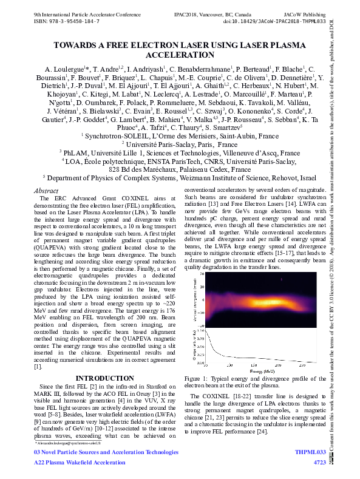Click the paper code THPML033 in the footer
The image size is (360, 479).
[310, 469]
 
